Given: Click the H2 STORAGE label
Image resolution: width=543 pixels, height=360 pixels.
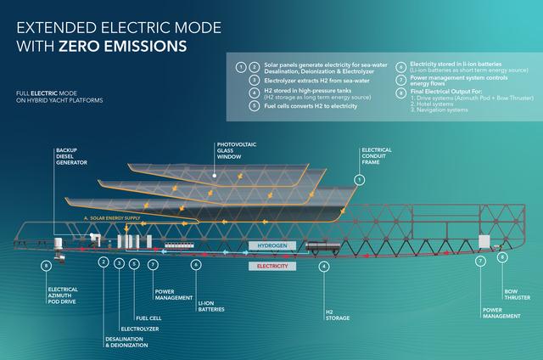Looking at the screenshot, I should click(331, 316).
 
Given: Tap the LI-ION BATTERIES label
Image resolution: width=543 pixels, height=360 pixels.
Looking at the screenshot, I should click(211, 304).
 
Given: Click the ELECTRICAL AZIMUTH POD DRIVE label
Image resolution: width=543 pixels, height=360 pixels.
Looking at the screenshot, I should click(64, 294).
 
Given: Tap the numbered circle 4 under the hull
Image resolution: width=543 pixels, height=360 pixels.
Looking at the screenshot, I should click(323, 265).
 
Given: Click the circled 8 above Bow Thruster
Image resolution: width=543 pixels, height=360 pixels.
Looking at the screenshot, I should click(503, 256).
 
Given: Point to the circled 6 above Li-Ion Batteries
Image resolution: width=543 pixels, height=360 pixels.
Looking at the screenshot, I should click(196, 265).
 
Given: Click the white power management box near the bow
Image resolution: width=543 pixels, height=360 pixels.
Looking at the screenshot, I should click(484, 242).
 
